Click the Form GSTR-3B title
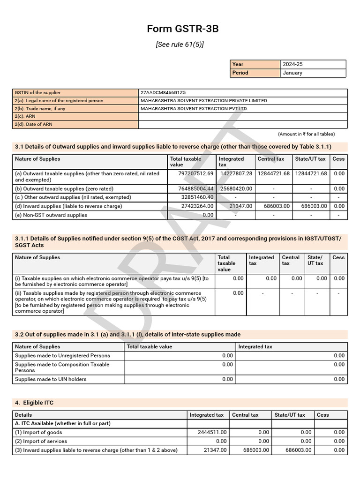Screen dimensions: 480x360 coord(183,29)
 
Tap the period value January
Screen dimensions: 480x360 coord(292,73)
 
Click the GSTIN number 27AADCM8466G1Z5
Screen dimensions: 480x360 coord(166,93)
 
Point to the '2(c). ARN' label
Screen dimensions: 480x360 coord(25,116)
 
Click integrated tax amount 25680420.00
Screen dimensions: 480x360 coord(236,188)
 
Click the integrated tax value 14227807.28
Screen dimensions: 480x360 coord(236,173)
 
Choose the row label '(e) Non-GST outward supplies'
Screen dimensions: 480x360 coord(51,215)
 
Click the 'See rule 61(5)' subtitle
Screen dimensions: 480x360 coord(180,45)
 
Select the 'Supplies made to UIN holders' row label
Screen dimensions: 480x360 coord(51,379)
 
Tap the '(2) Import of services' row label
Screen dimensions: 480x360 coord(41,441)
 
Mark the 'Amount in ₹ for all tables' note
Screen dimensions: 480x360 coord(306,134)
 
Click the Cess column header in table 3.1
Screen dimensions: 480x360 coord(338,159)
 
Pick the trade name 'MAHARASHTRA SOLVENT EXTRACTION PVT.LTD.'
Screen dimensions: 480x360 coord(194,108)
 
